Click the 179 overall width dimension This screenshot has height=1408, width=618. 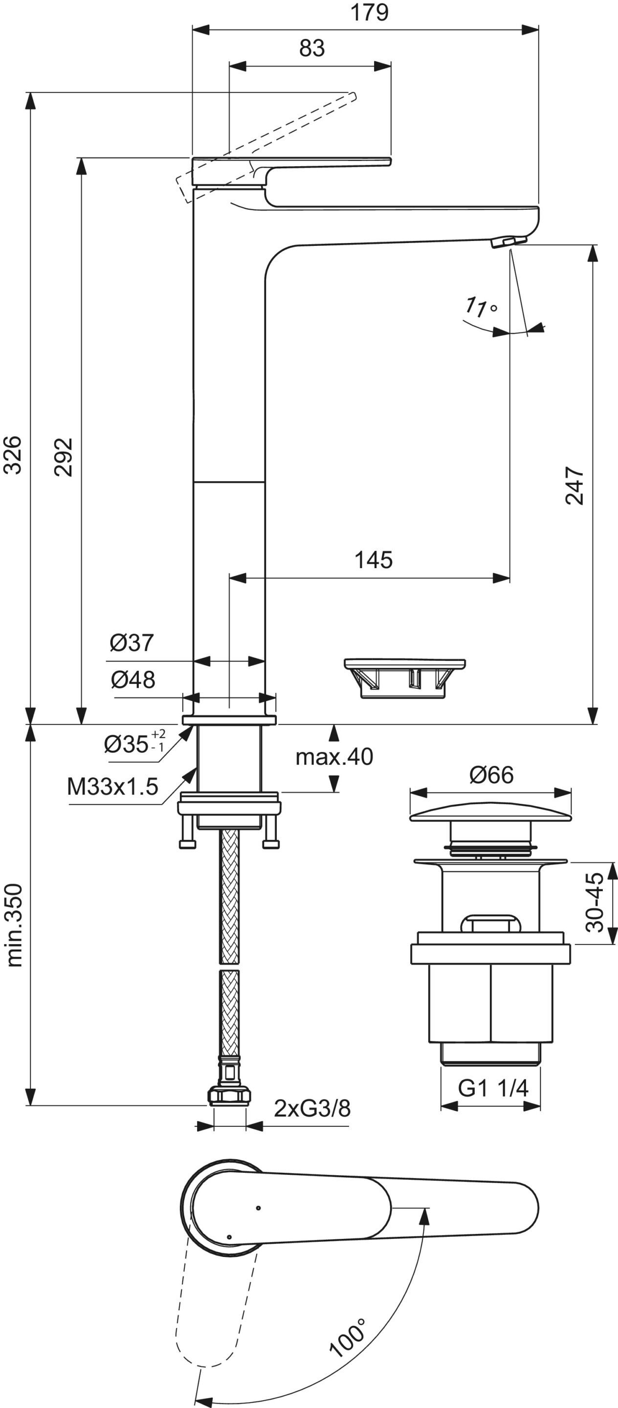(x=370, y=12)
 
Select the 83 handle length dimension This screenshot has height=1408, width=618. (x=312, y=49)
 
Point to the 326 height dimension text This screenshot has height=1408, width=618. (x=13, y=455)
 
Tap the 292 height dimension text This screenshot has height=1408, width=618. (x=64, y=457)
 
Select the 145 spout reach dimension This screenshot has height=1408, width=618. (x=374, y=560)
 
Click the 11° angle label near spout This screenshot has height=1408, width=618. (x=480, y=308)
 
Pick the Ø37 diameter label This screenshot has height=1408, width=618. (x=132, y=643)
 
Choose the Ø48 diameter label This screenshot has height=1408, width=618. (x=133, y=680)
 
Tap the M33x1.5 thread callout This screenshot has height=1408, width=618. (x=112, y=787)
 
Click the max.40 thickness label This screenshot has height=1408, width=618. (x=334, y=757)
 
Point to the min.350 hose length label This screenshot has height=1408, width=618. (x=15, y=925)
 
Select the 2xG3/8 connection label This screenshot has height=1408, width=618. (x=312, y=1109)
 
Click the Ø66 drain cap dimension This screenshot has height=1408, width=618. (x=491, y=775)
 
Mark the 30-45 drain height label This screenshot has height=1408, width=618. (x=595, y=902)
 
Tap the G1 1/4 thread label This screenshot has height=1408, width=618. (x=493, y=1088)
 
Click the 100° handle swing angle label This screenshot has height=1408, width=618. (x=348, y=1338)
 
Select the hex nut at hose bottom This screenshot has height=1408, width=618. (x=229, y=1097)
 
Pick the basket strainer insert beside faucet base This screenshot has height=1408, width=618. (x=405, y=678)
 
